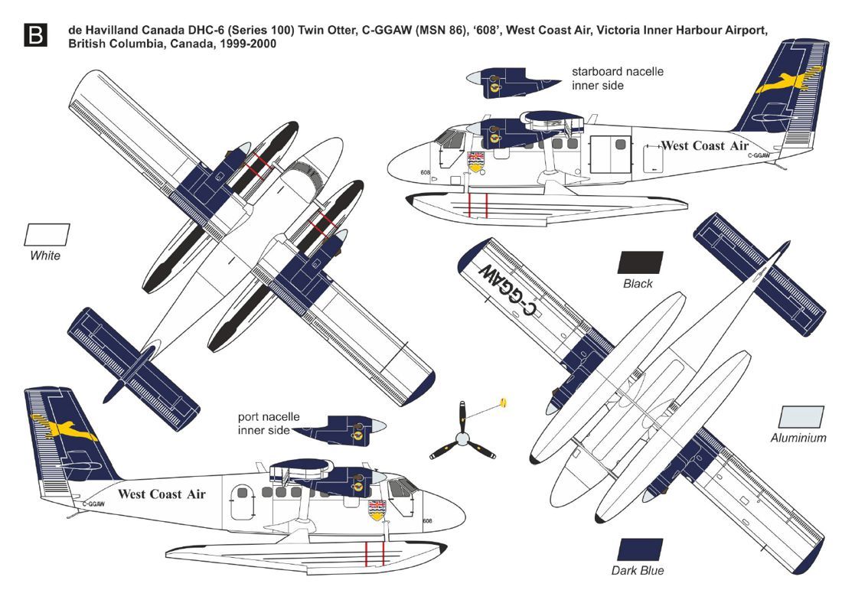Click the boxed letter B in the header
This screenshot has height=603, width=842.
pyautogui.click(x=35, y=35)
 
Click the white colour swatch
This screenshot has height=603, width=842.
pyautogui.click(x=47, y=234)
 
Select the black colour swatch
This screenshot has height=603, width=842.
pyautogui.click(x=640, y=262)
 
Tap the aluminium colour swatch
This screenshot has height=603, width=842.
pyautogui.click(x=801, y=417)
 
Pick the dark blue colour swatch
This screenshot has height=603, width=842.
pyautogui.click(x=640, y=549)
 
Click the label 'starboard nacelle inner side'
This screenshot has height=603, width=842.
pyautogui.click(x=617, y=78)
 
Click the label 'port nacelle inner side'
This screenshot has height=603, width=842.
pyautogui.click(x=268, y=424)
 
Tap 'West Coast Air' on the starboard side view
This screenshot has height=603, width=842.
pyautogui.click(x=704, y=145)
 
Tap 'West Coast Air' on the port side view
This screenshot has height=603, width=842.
pyautogui.click(x=162, y=494)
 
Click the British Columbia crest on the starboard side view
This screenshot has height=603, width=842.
pyautogui.click(x=475, y=161)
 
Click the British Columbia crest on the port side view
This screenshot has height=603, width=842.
pyautogui.click(x=377, y=510)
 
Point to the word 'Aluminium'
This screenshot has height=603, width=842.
pyautogui.click(x=798, y=438)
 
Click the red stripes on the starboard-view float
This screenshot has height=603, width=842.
pyautogui.click(x=478, y=204)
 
